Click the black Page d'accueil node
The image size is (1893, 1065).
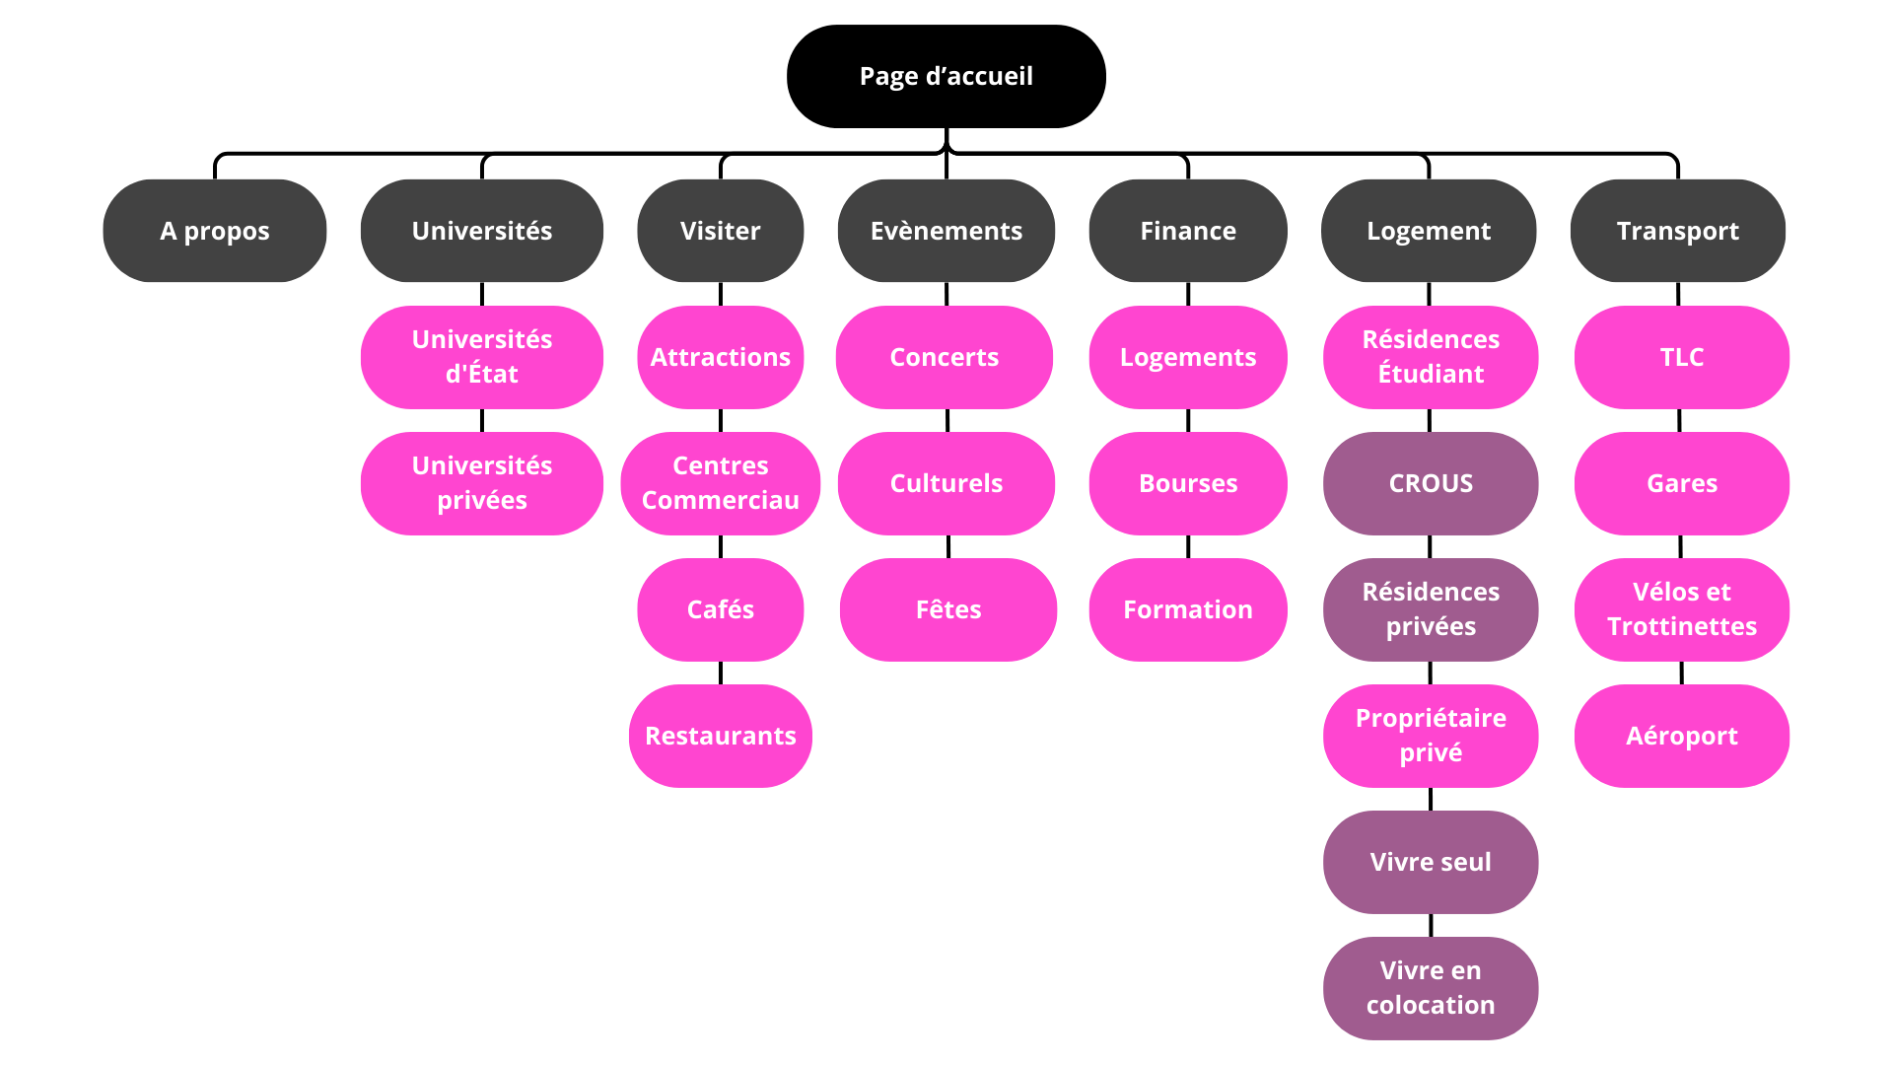click(x=946, y=76)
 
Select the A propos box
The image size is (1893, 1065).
click(x=214, y=231)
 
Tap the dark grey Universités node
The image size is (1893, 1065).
click(x=481, y=231)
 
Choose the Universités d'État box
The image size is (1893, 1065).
click(x=481, y=357)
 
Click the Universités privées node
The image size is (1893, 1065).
click(x=481, y=483)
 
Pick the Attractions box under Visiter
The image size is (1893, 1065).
click(x=720, y=357)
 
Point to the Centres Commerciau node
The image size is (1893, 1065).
click(x=720, y=483)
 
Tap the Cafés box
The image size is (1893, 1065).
click(x=720, y=609)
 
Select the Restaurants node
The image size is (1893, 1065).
click(x=720, y=736)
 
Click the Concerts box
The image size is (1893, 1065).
click(x=944, y=357)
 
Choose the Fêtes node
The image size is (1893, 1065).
click(x=947, y=609)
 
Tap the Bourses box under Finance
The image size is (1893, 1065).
click(x=1187, y=483)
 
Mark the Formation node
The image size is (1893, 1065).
click(x=1187, y=609)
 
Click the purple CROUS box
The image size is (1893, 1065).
click(x=1430, y=483)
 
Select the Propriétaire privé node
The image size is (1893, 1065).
click(x=1430, y=736)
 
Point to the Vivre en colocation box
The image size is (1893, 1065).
click(x=1430, y=988)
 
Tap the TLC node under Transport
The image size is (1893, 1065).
click(x=1681, y=357)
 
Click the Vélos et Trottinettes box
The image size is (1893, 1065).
click(x=1681, y=609)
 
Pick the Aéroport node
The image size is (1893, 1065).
click(x=1681, y=736)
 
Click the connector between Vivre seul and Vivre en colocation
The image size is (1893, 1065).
click(x=1431, y=925)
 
